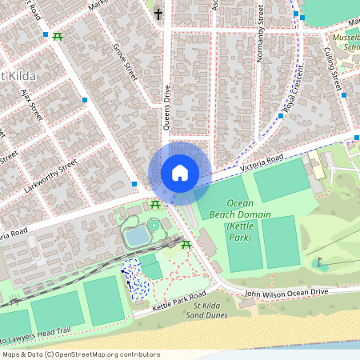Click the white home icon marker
click(x=180, y=173)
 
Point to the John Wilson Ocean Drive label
click(x=286, y=294)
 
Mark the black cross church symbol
click(x=158, y=14)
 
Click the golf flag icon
click(x=318, y=261)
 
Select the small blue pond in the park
click(x=138, y=235)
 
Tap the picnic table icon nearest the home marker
click(x=155, y=206)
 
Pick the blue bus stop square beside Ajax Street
click(x=86, y=100)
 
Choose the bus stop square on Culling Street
click(x=345, y=94)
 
